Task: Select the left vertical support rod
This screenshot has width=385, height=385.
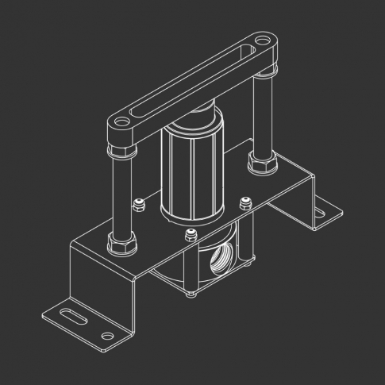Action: pyautogui.click(x=121, y=191)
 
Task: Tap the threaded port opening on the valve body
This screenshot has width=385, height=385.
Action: pyautogui.click(x=218, y=261)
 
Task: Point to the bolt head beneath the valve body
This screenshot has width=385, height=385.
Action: pyautogui.click(x=191, y=295)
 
